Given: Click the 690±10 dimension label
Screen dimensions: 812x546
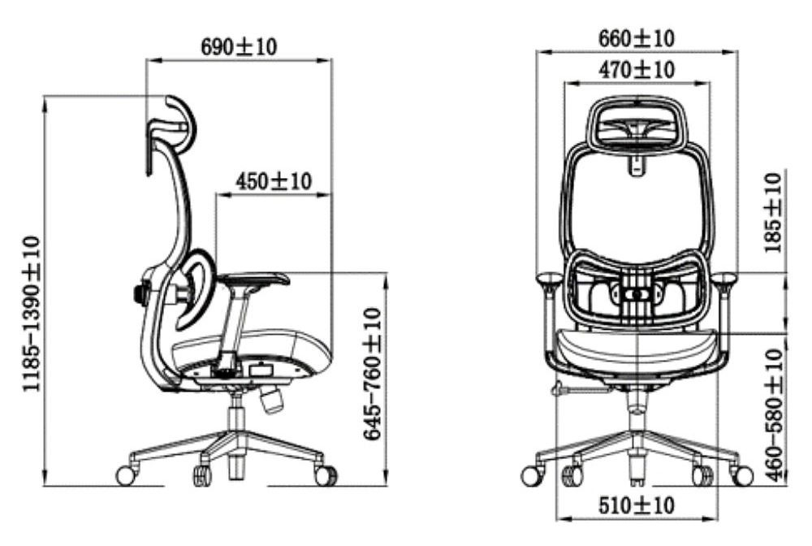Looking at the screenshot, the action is tap(239, 46).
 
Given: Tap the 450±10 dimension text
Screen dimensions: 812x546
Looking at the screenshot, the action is tap(274, 181).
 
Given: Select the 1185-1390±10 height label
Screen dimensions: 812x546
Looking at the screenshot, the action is tap(31, 314).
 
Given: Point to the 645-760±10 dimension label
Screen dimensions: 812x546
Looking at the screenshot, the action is tap(373, 374).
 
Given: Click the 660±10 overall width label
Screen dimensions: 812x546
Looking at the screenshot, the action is tap(637, 38).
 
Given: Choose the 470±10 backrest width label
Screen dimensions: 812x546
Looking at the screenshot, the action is tap(637, 69).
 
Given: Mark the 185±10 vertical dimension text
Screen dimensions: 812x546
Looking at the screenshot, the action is tap(773, 213).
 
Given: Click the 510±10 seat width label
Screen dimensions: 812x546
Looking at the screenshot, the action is tap(637, 505).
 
